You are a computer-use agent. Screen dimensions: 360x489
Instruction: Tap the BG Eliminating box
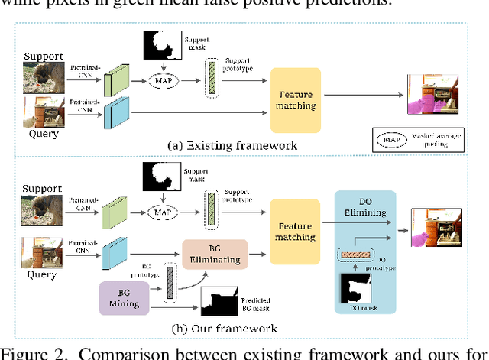pos(215,254)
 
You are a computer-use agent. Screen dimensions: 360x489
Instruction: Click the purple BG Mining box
pos(123,297)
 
